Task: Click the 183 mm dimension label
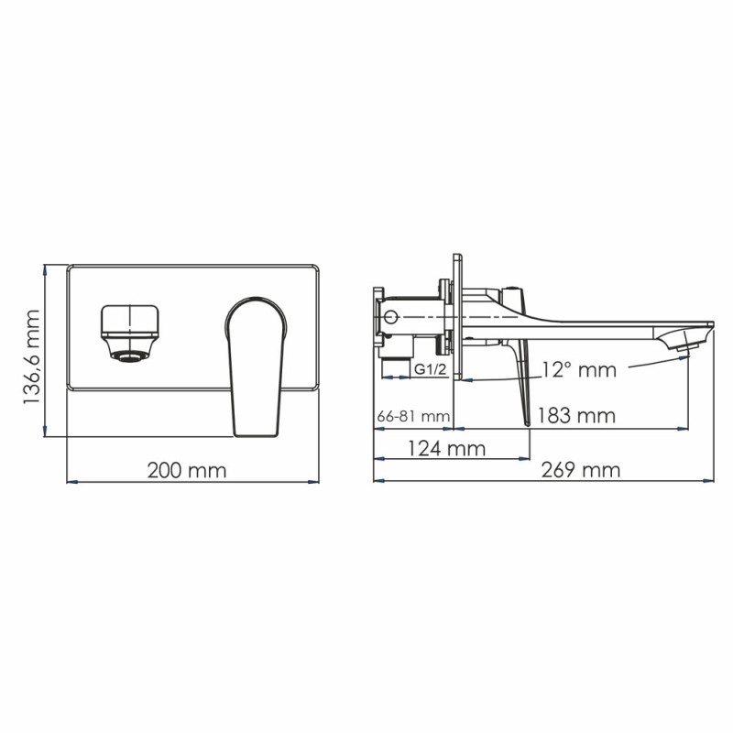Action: click(x=576, y=415)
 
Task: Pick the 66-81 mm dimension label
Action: click(x=413, y=416)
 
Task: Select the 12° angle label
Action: click(x=577, y=370)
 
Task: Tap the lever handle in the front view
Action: click(x=256, y=366)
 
